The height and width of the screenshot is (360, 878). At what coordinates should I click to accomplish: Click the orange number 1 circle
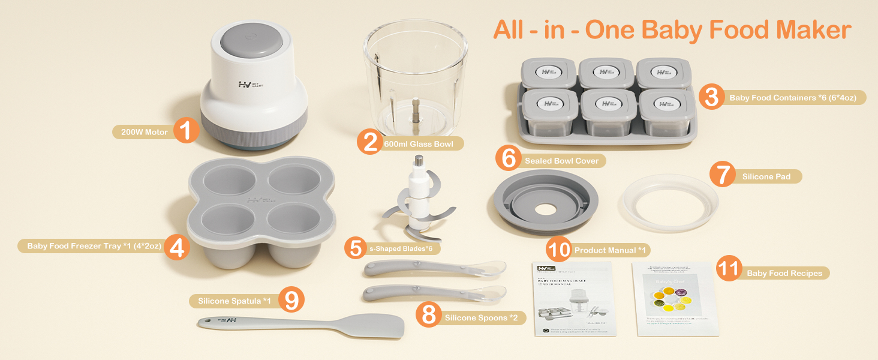(x=187, y=130)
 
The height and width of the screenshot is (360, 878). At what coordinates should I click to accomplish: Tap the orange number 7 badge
(x=722, y=175)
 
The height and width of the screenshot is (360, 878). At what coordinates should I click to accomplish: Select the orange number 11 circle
(x=729, y=269)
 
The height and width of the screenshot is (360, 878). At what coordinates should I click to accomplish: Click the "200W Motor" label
(x=144, y=132)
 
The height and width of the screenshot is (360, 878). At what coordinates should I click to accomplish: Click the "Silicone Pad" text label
(x=766, y=176)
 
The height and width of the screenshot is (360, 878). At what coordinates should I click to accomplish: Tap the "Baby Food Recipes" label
(x=784, y=273)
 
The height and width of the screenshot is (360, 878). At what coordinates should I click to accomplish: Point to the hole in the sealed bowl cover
(x=546, y=212)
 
